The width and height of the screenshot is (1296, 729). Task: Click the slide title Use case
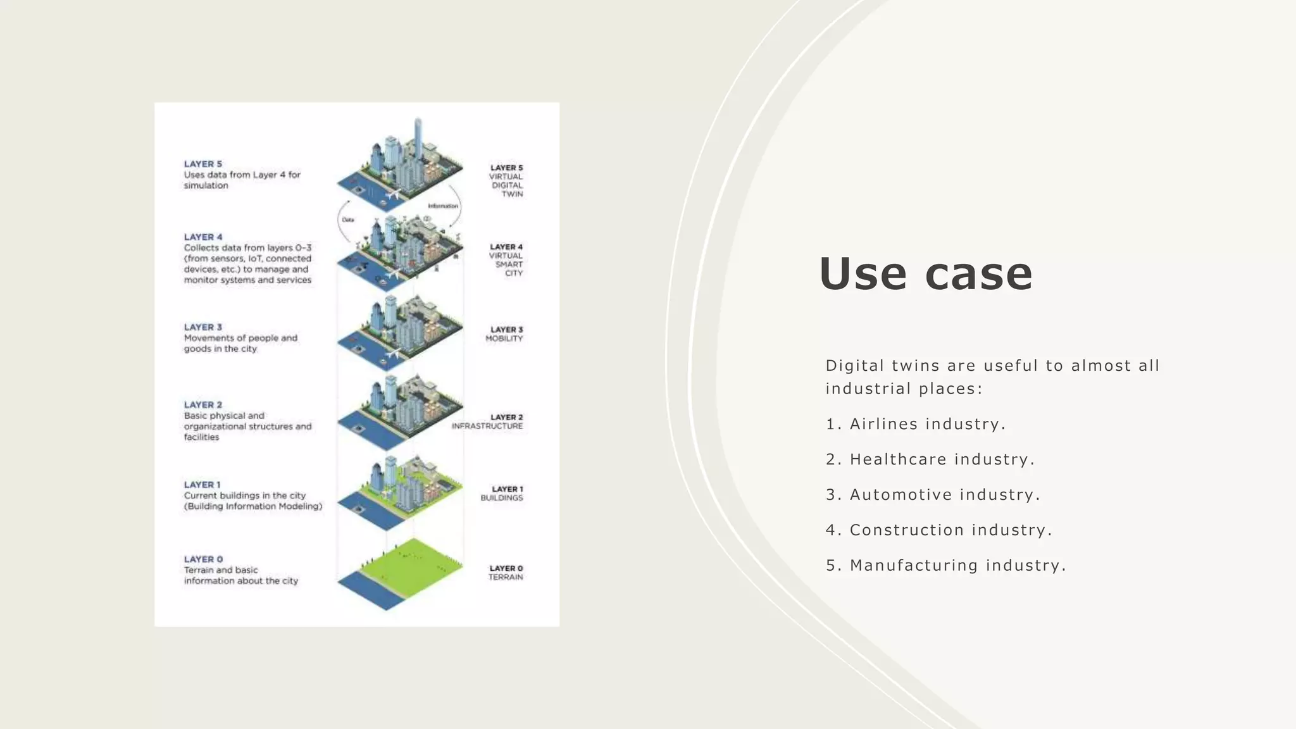coord(925,273)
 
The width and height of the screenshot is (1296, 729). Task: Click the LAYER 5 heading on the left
coord(202,164)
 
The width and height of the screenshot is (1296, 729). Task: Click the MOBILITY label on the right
coord(504,339)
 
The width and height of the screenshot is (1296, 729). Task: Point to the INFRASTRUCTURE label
coord(487,427)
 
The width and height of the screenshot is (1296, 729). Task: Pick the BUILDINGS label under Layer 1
coord(502,498)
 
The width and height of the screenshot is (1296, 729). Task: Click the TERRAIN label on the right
coord(506,577)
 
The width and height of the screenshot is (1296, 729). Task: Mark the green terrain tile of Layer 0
coord(411,566)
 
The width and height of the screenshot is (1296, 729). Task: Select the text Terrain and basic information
coord(240,575)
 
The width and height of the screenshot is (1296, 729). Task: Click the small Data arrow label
coord(348,220)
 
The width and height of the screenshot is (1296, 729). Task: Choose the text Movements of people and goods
coord(240,343)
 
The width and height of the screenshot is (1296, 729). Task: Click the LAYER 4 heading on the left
coord(202,237)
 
